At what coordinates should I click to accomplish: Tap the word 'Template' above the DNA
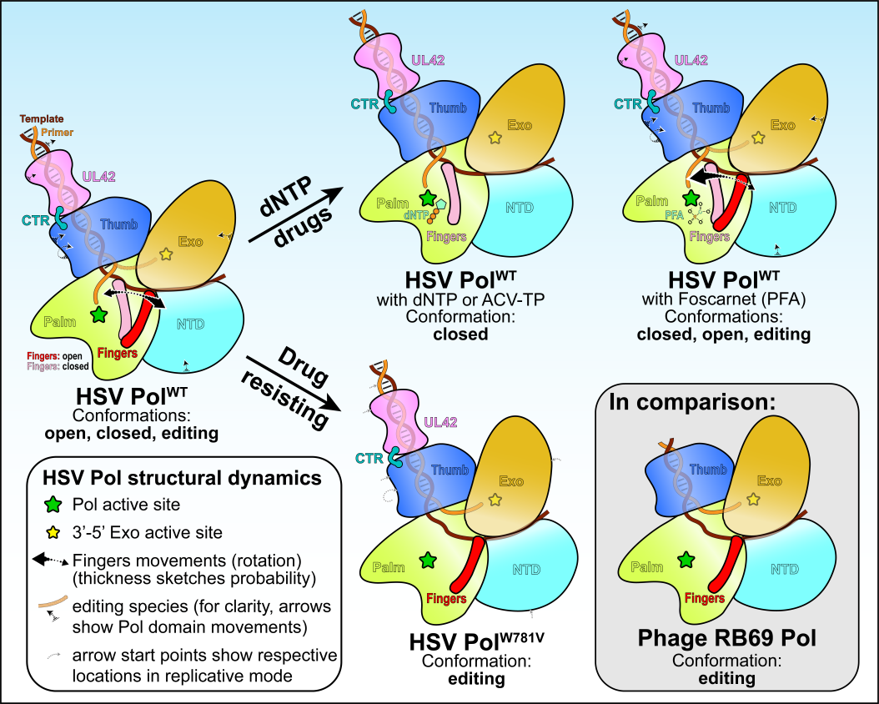(41, 119)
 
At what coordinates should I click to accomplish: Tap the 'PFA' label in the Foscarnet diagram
(674, 215)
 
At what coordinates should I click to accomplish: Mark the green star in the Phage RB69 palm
(686, 559)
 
